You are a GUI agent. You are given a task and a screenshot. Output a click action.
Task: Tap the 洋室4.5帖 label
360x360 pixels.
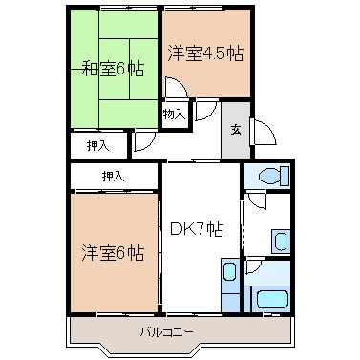coord(205,53)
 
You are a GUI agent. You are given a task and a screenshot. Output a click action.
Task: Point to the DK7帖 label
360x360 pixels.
coord(198,229)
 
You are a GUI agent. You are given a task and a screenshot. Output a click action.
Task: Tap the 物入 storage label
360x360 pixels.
coord(173,114)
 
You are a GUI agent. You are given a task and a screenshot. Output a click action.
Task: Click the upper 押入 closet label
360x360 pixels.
coord(98,145)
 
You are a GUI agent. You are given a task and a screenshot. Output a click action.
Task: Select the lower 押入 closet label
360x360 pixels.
coord(114,176)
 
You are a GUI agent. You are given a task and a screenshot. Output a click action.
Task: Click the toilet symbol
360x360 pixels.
coord(272,178)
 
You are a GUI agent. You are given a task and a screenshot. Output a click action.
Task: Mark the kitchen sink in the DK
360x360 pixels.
coord(229,282)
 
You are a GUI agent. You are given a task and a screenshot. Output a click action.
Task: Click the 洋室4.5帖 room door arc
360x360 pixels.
coord(177,89)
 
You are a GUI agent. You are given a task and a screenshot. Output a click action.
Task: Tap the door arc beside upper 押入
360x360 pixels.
coord(142,143)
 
